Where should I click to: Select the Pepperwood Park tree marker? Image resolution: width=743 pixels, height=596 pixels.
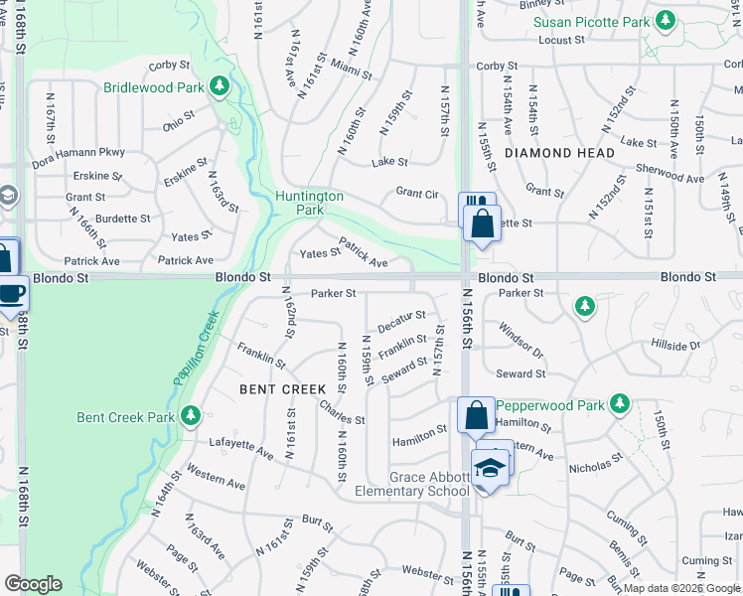pos(621,402)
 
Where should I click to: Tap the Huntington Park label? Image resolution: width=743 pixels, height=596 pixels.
pos(309,203)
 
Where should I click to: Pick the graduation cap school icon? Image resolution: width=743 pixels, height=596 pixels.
pos(490,467)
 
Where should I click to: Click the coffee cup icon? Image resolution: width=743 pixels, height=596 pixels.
pos(12,293)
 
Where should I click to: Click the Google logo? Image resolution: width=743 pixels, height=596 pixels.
pos(33,584)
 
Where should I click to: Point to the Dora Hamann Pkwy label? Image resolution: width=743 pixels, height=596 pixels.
pos(79,152)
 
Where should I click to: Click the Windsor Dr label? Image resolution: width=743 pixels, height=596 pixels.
pos(520,339)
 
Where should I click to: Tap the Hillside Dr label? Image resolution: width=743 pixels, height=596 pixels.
pos(675,346)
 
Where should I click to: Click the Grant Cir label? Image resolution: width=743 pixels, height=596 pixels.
pos(417,192)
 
